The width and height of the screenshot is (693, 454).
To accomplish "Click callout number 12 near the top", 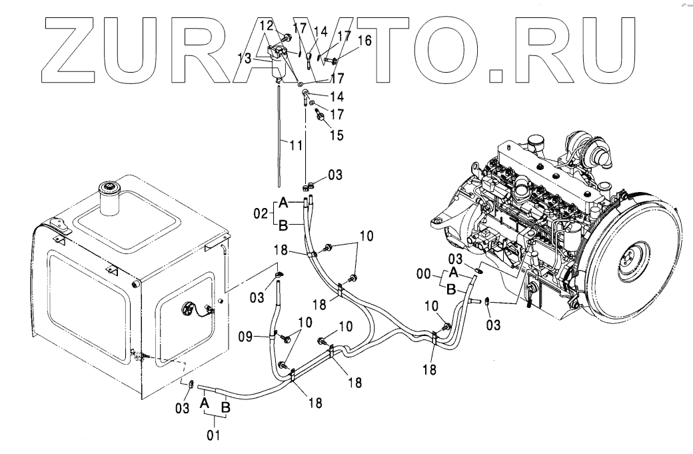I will tap(266, 25).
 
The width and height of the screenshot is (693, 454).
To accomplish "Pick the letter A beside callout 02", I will tap(282, 202).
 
